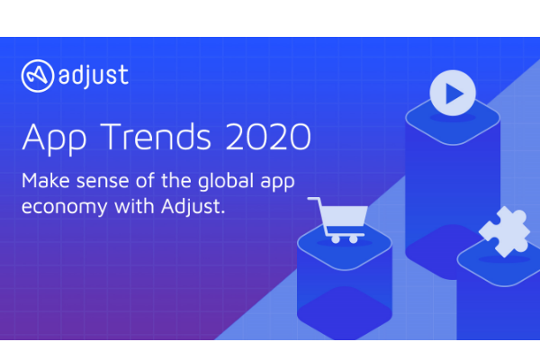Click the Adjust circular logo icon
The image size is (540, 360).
[37, 75]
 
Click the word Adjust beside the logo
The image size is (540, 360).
[92, 74]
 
